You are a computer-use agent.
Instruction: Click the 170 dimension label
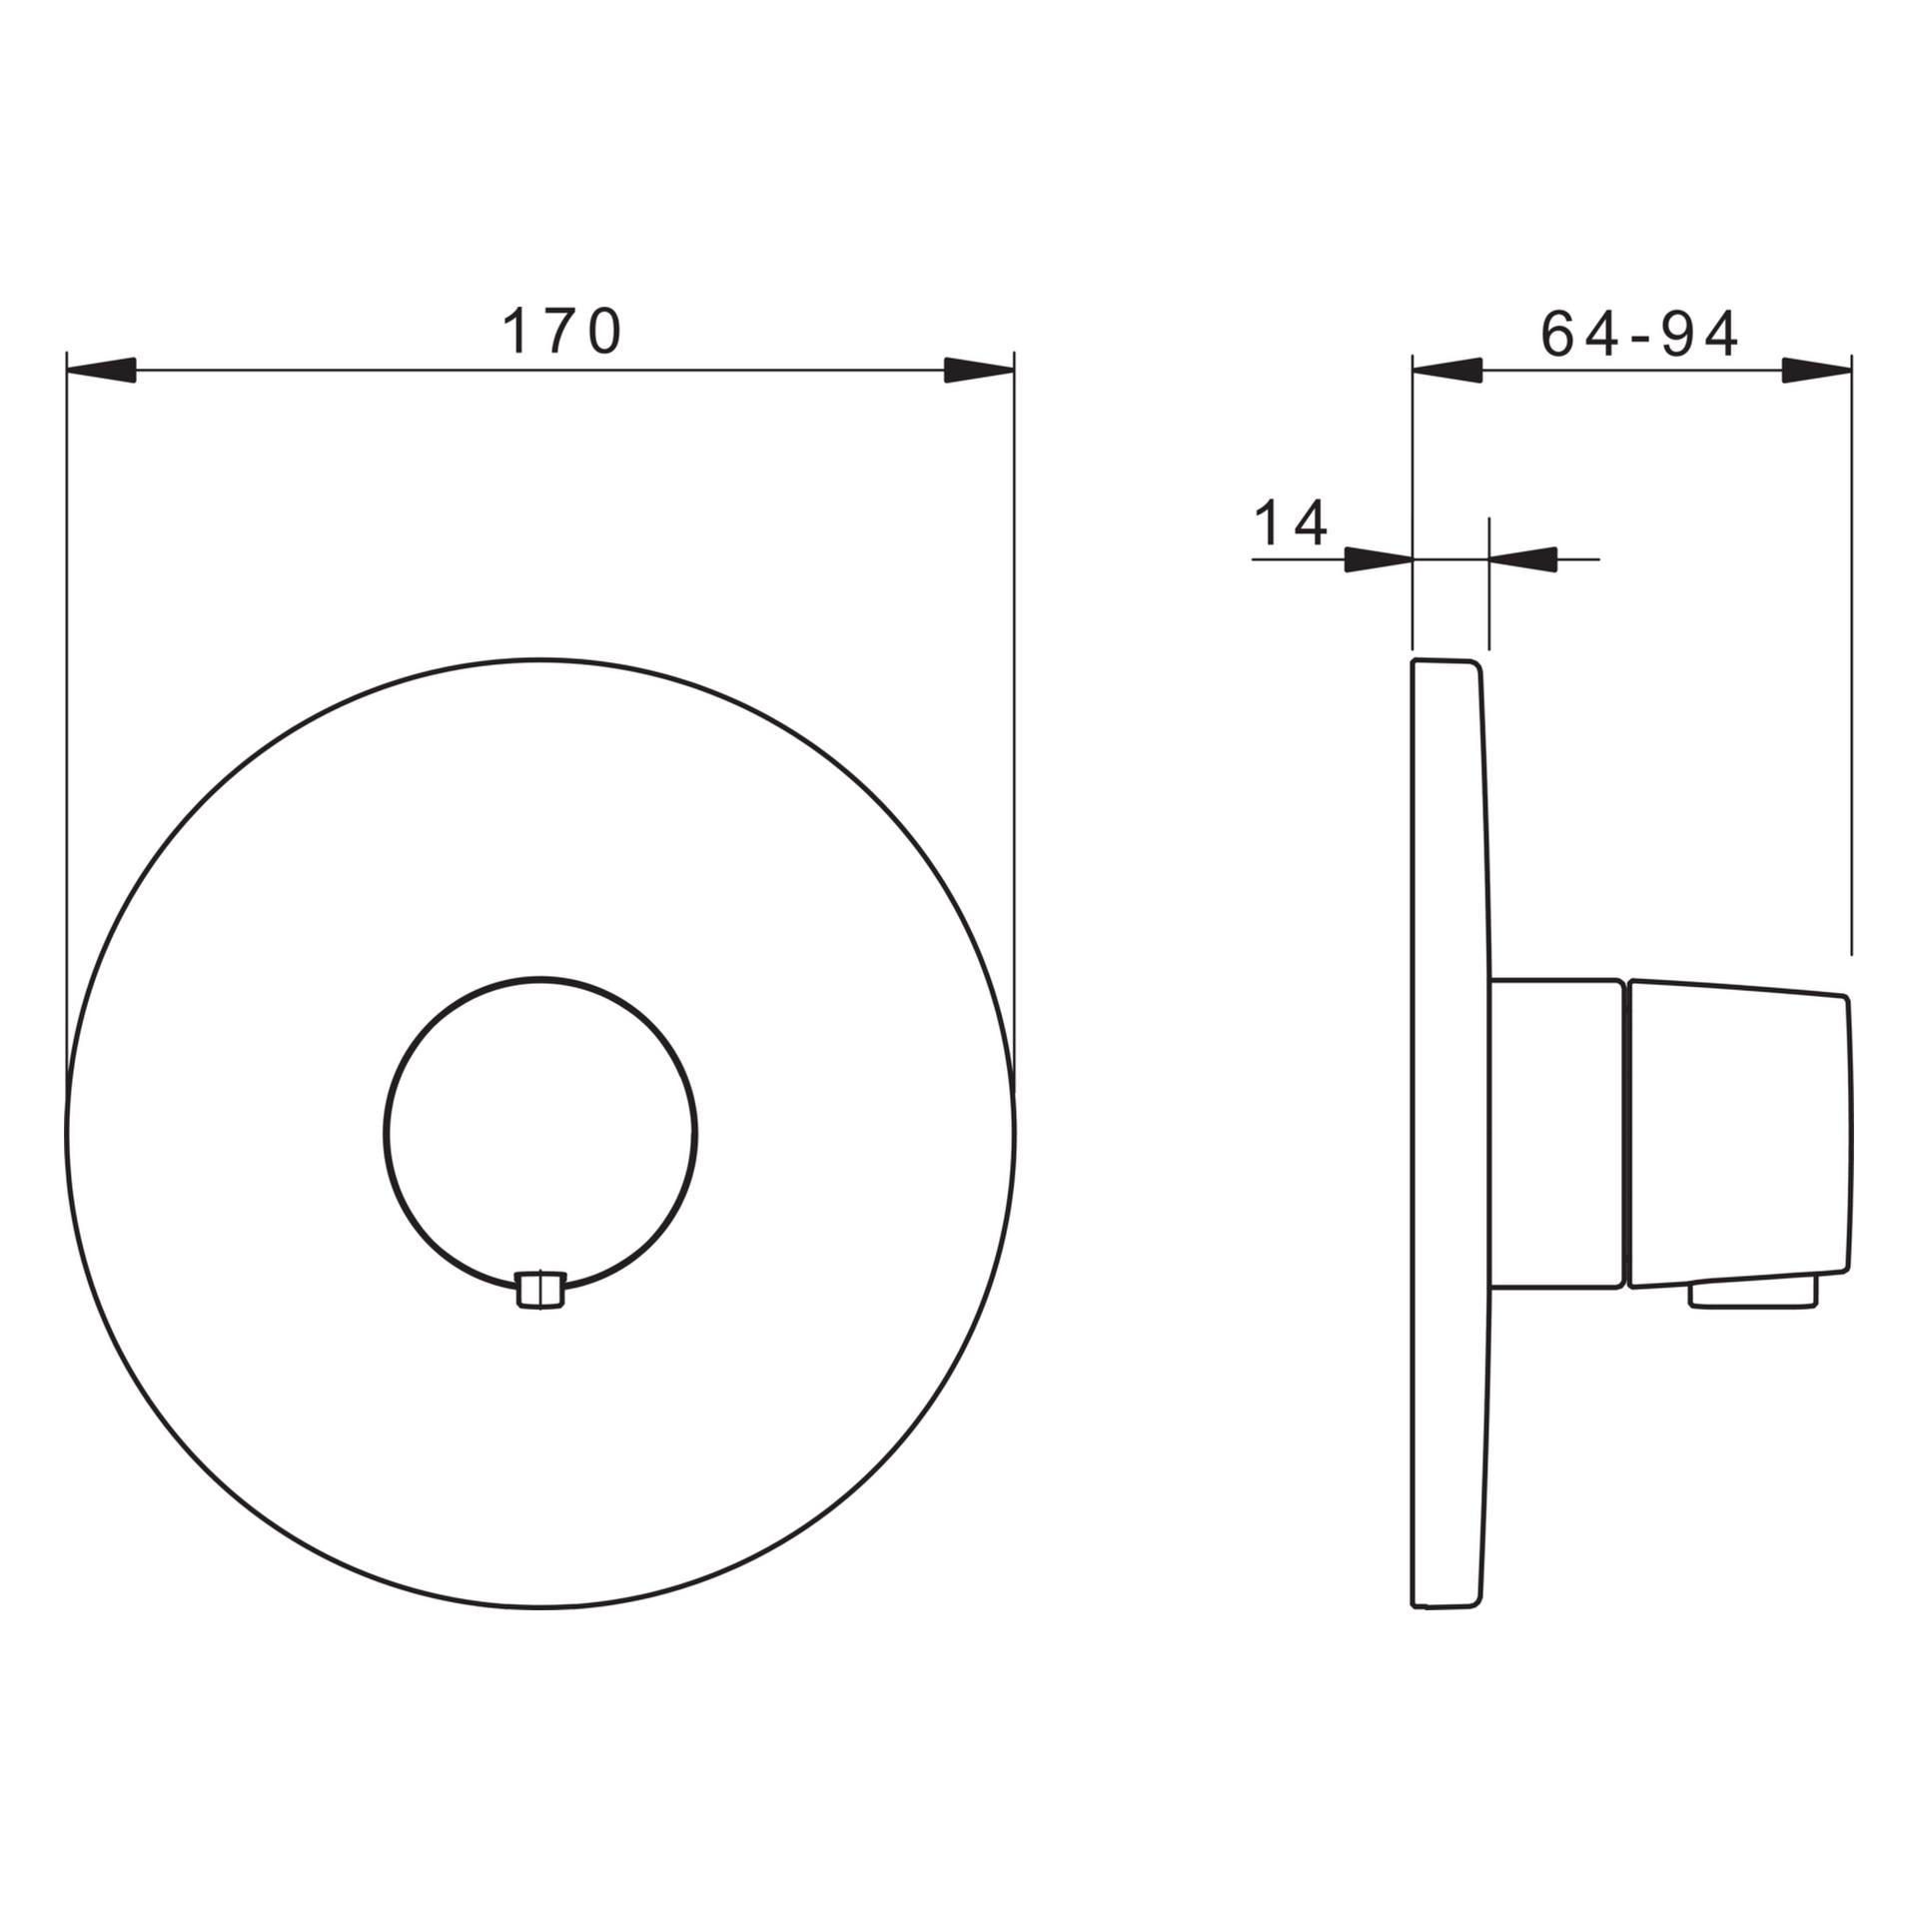[562, 332]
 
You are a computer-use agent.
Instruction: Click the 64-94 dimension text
[1640, 334]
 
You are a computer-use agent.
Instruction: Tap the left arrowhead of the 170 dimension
[101, 371]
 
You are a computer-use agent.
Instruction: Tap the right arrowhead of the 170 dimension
[979, 371]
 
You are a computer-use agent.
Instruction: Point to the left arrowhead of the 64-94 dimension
[1446, 371]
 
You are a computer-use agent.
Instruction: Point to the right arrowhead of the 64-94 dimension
[1816, 371]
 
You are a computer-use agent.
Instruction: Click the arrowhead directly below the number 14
[1378, 559]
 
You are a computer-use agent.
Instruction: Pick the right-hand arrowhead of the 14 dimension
[1523, 559]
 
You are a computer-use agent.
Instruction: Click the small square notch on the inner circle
[540, 1290]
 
